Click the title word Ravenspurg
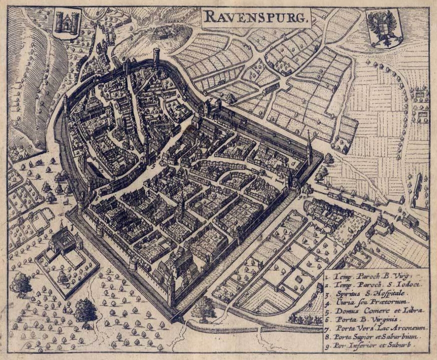[256, 18]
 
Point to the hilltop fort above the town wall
[163, 32]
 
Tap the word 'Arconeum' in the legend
[407, 328]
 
